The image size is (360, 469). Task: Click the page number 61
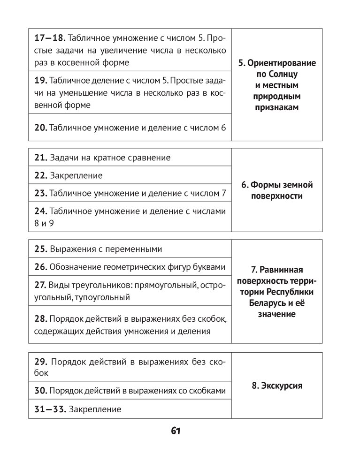[x=176, y=431]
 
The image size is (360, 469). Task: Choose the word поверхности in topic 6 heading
[x=277, y=197]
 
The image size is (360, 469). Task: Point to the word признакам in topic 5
[x=277, y=107]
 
